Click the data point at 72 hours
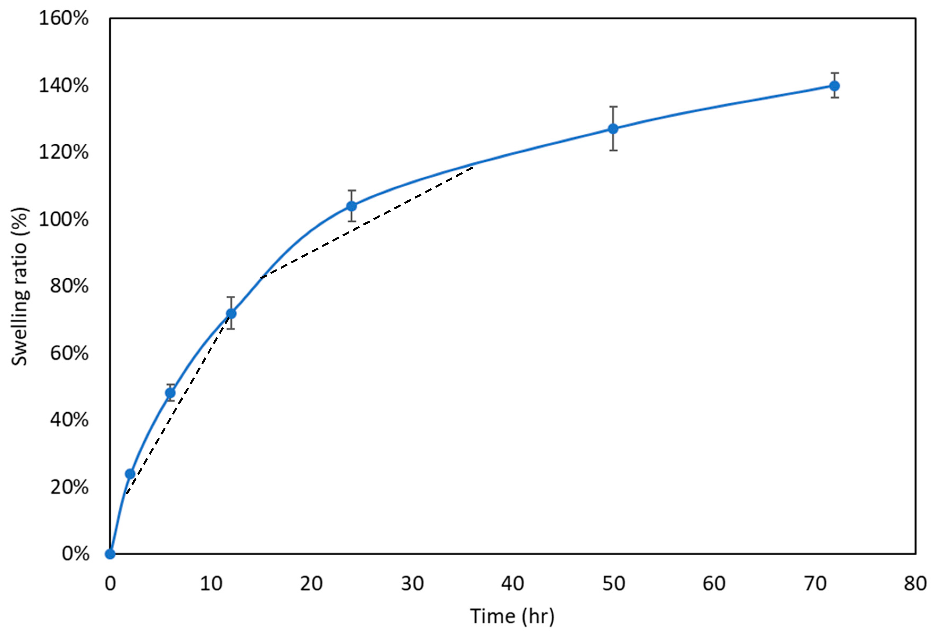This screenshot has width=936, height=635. click(x=834, y=86)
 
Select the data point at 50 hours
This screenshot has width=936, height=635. click(x=613, y=129)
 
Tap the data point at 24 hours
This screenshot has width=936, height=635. click(x=352, y=206)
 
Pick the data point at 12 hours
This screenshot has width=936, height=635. click(x=231, y=314)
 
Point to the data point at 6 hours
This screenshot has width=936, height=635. click(x=170, y=393)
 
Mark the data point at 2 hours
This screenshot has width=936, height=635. click(x=130, y=474)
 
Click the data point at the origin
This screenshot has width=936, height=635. click(x=110, y=554)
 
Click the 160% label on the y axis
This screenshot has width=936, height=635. click(x=64, y=19)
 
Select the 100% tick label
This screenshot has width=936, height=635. click(x=64, y=219)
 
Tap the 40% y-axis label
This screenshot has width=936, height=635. click(x=69, y=420)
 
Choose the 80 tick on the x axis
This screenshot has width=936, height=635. click(x=915, y=583)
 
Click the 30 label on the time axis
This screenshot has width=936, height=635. click(x=412, y=583)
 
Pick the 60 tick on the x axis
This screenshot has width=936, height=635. click(x=714, y=583)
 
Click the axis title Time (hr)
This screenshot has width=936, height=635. click(x=512, y=616)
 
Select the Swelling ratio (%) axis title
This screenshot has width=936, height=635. click(x=19, y=286)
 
